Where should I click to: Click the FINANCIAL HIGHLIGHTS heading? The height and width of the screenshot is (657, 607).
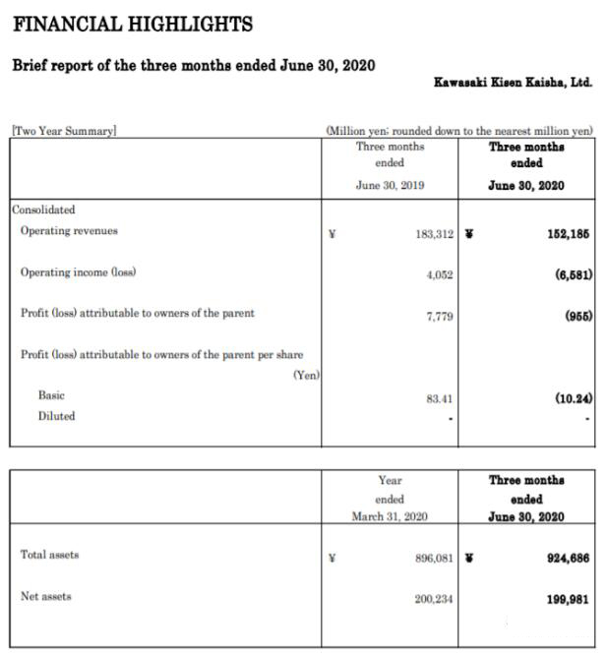[x=132, y=24]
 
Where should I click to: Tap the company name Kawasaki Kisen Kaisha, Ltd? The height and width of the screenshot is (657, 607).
[x=513, y=82]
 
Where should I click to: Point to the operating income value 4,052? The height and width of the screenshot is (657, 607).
[x=439, y=275]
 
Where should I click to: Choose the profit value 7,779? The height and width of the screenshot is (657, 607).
[x=439, y=315]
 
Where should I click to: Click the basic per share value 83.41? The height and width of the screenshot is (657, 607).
[x=439, y=398]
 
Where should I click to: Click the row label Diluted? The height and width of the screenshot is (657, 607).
[x=56, y=416]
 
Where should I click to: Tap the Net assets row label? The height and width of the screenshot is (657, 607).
[x=45, y=596]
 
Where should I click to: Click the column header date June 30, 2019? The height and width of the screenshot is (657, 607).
[x=391, y=184]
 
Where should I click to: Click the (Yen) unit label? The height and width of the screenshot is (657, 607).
[x=307, y=375]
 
